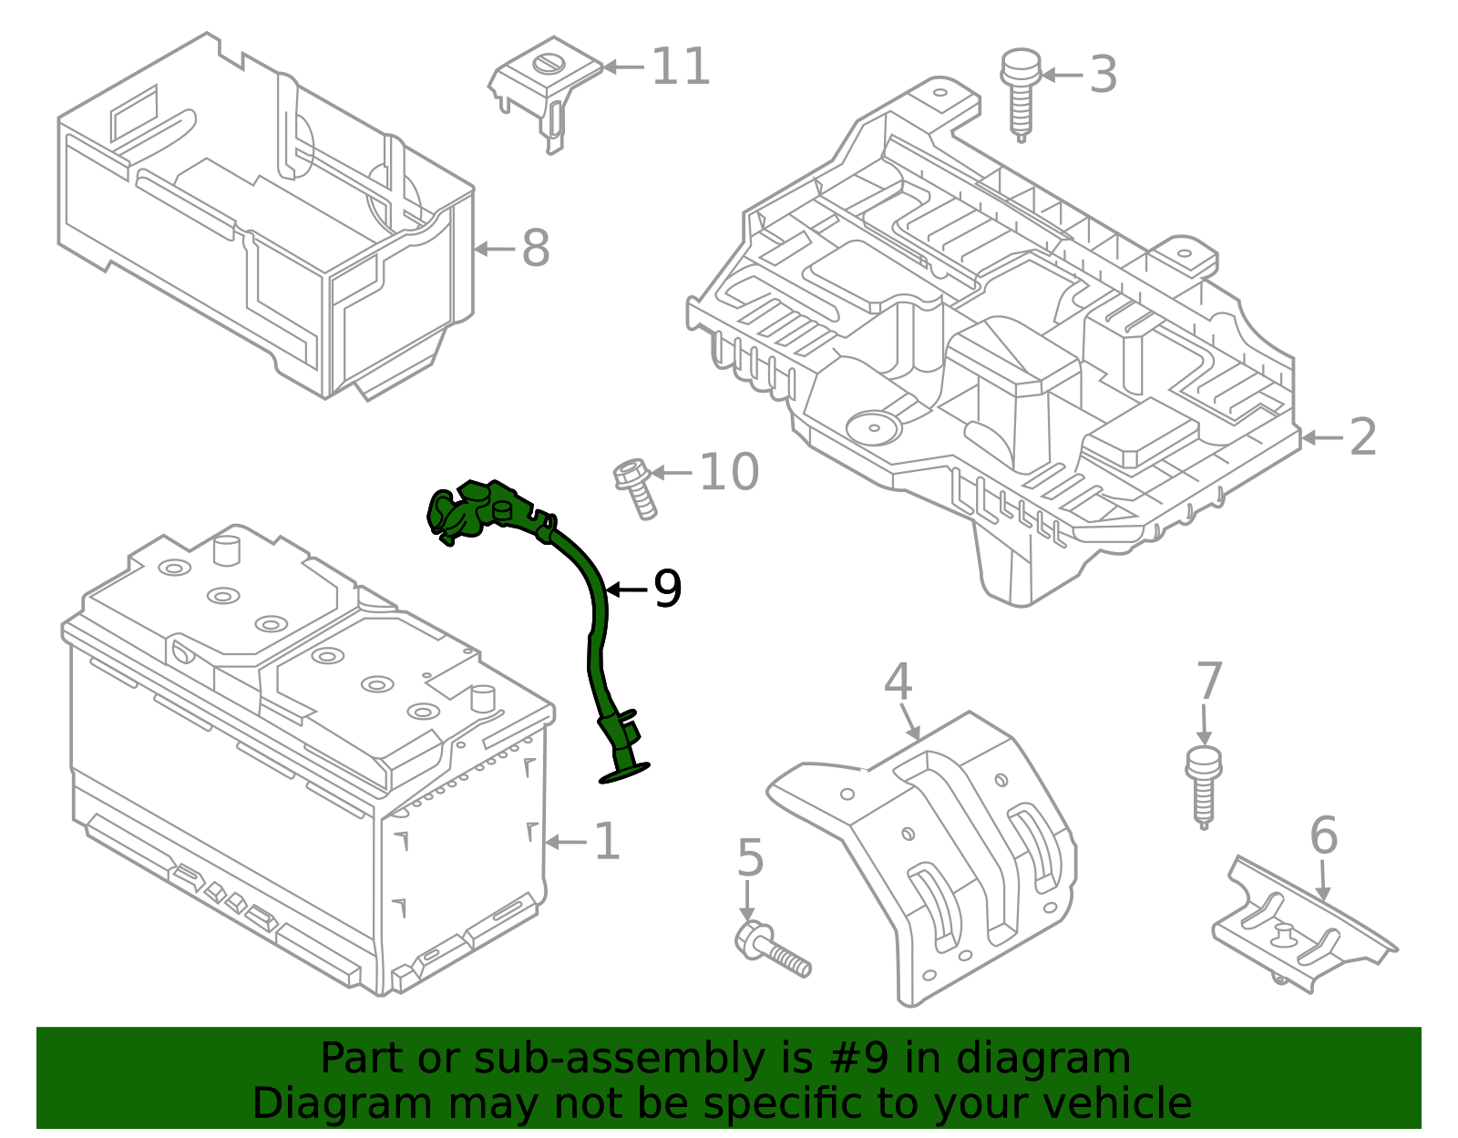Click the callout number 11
pyautogui.click(x=681, y=67)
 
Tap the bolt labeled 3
pyautogui.click(x=1020, y=91)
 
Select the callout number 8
pyautogui.click(x=535, y=248)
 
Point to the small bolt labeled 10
pyautogui.click(x=635, y=487)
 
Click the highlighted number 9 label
pyautogui.click(x=667, y=590)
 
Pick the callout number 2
pyautogui.click(x=1362, y=437)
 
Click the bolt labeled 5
pyautogui.click(x=771, y=949)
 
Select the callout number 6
pyautogui.click(x=1323, y=836)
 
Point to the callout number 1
pyautogui.click(x=607, y=841)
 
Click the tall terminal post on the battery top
pyautogui.click(x=224, y=550)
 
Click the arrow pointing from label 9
pyautogui.click(x=626, y=590)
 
